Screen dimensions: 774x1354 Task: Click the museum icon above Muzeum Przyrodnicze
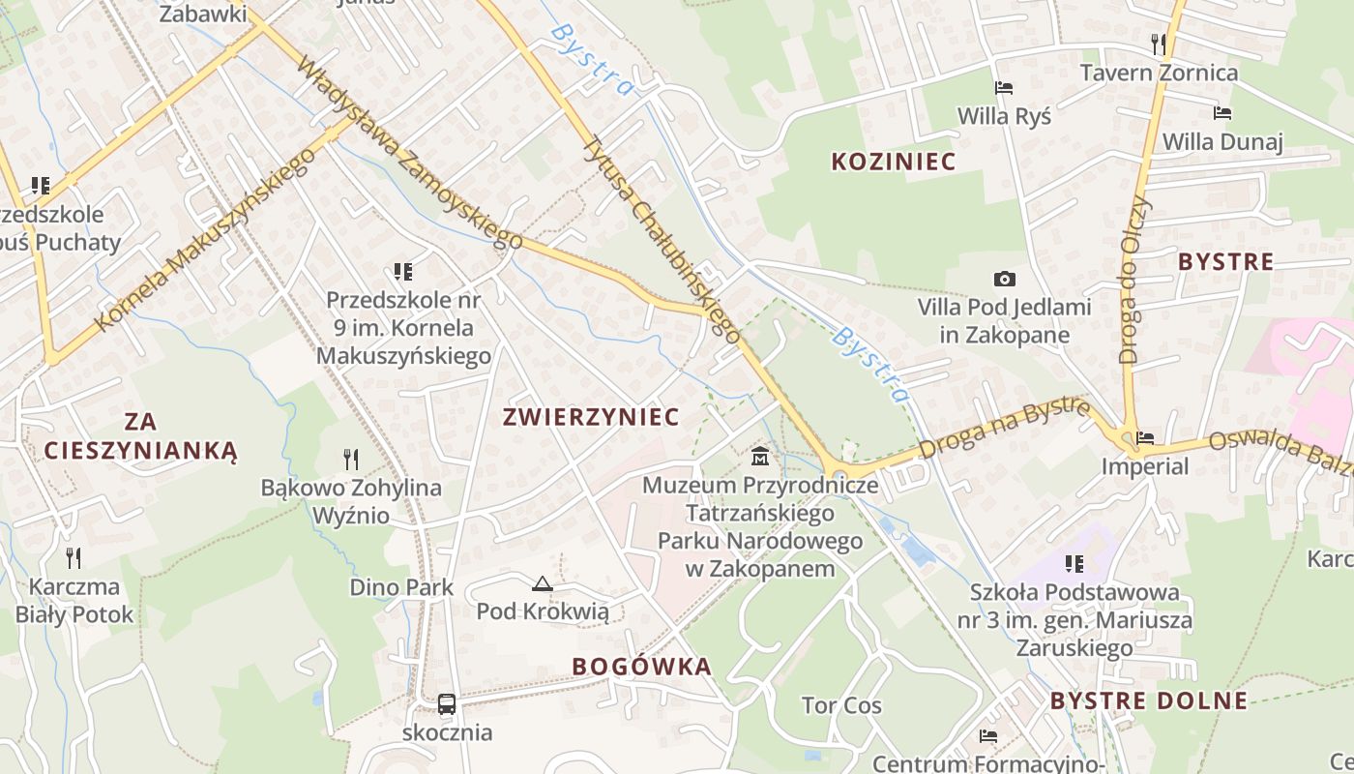click(x=760, y=456)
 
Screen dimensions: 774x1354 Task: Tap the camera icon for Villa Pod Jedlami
click(x=1005, y=280)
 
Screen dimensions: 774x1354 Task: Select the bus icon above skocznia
click(x=447, y=704)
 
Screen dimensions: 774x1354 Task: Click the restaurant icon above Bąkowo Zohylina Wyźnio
click(x=351, y=460)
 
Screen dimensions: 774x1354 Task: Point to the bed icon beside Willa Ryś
click(x=1004, y=88)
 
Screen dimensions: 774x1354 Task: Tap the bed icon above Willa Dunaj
click(x=1222, y=113)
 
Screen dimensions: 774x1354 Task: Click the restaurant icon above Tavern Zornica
click(x=1159, y=44)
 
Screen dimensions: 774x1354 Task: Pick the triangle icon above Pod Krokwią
click(x=542, y=583)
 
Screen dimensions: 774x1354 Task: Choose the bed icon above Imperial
click(x=1146, y=438)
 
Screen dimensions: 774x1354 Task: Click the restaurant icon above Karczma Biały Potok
click(x=74, y=557)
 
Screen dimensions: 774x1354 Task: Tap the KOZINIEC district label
click(x=894, y=162)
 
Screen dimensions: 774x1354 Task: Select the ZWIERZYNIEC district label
click(x=591, y=417)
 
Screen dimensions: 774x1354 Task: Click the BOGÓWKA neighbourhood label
click(x=641, y=667)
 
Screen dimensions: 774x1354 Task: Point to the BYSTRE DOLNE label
click(x=1149, y=701)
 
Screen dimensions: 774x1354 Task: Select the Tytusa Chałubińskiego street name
click(x=662, y=238)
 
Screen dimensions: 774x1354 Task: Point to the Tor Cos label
click(x=841, y=705)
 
